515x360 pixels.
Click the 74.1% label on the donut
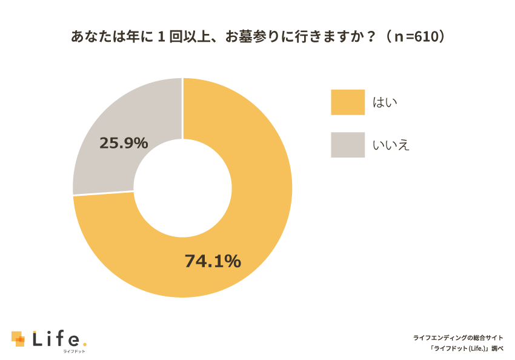click(213, 261)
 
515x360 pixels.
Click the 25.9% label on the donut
click(124, 143)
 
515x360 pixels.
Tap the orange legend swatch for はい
click(348, 102)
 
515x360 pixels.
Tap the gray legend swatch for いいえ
click(348, 145)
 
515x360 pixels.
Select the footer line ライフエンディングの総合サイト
click(458, 337)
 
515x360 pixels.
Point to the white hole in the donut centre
click(182, 188)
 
